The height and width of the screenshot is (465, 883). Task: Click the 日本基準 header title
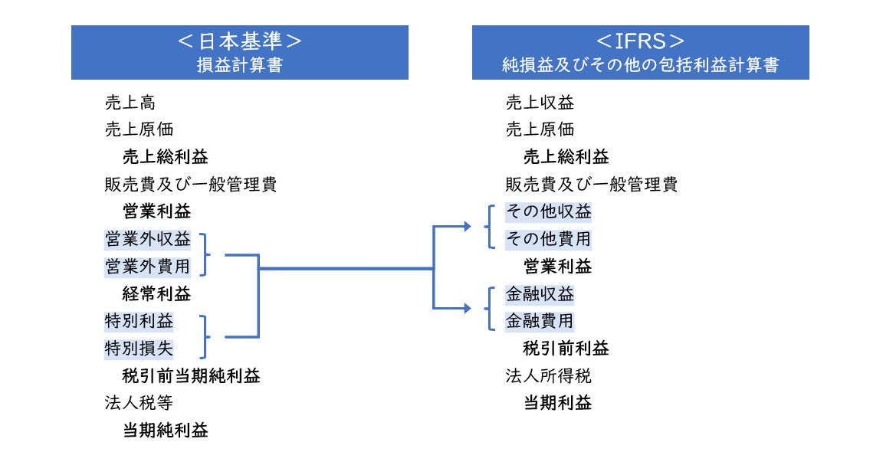[239, 41]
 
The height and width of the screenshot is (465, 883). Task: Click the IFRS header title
[640, 41]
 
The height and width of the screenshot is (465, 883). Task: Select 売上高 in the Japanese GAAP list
[130, 103]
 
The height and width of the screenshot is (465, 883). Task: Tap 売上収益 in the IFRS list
[540, 103]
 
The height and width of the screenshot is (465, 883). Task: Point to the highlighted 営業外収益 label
[148, 239]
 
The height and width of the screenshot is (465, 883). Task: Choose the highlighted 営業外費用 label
[148, 267]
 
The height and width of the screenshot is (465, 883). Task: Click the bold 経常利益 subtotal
[157, 294]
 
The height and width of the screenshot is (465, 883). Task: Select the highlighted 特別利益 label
[139, 321]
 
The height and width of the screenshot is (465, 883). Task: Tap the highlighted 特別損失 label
[139, 349]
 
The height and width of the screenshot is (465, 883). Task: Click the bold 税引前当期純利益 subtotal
[192, 376]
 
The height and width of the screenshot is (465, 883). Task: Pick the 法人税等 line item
[139, 403]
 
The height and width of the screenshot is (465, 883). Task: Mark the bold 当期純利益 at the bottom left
[166, 431]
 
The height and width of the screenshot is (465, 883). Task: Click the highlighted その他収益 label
[549, 211]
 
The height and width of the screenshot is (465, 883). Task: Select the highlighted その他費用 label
[549, 239]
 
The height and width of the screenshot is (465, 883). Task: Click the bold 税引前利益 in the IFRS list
[566, 349]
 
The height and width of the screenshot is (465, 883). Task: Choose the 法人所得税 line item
[549, 376]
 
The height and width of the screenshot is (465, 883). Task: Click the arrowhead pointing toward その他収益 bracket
[468, 226]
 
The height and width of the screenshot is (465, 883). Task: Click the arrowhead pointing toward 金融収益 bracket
[468, 308]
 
